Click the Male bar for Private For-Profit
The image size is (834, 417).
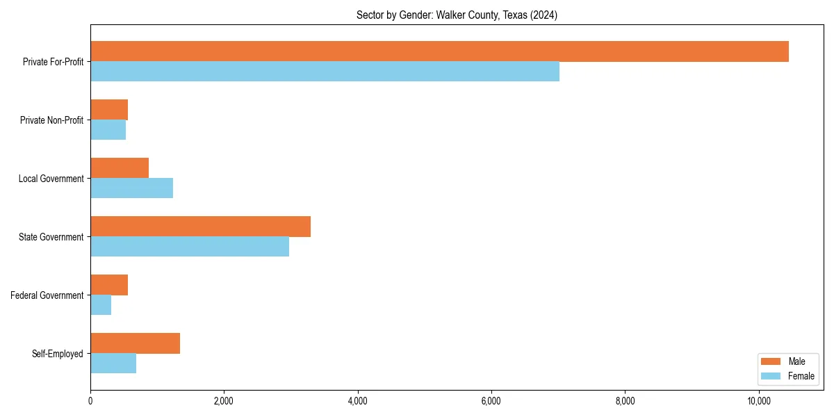click(x=439, y=51)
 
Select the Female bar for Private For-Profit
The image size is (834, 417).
click(x=325, y=72)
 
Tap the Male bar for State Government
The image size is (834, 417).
click(x=200, y=227)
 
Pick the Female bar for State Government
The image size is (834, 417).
click(x=190, y=247)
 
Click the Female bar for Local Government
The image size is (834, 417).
click(x=131, y=188)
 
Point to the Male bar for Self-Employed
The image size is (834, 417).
click(x=135, y=343)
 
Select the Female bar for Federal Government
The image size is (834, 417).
click(x=101, y=305)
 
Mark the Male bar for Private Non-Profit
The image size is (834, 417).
click(x=109, y=110)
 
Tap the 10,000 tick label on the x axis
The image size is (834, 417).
click(x=759, y=401)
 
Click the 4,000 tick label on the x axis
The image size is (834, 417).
click(x=357, y=401)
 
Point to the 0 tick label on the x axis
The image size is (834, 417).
click(x=90, y=401)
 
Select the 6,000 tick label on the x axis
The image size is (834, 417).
click(x=491, y=401)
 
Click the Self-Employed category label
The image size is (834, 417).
click(x=58, y=354)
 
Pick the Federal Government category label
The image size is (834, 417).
click(x=47, y=295)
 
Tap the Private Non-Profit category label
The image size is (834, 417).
click(x=51, y=120)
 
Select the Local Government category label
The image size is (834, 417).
click(x=51, y=179)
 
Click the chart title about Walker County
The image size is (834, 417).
click(x=457, y=15)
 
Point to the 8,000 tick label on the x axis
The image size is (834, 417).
click(x=625, y=401)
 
